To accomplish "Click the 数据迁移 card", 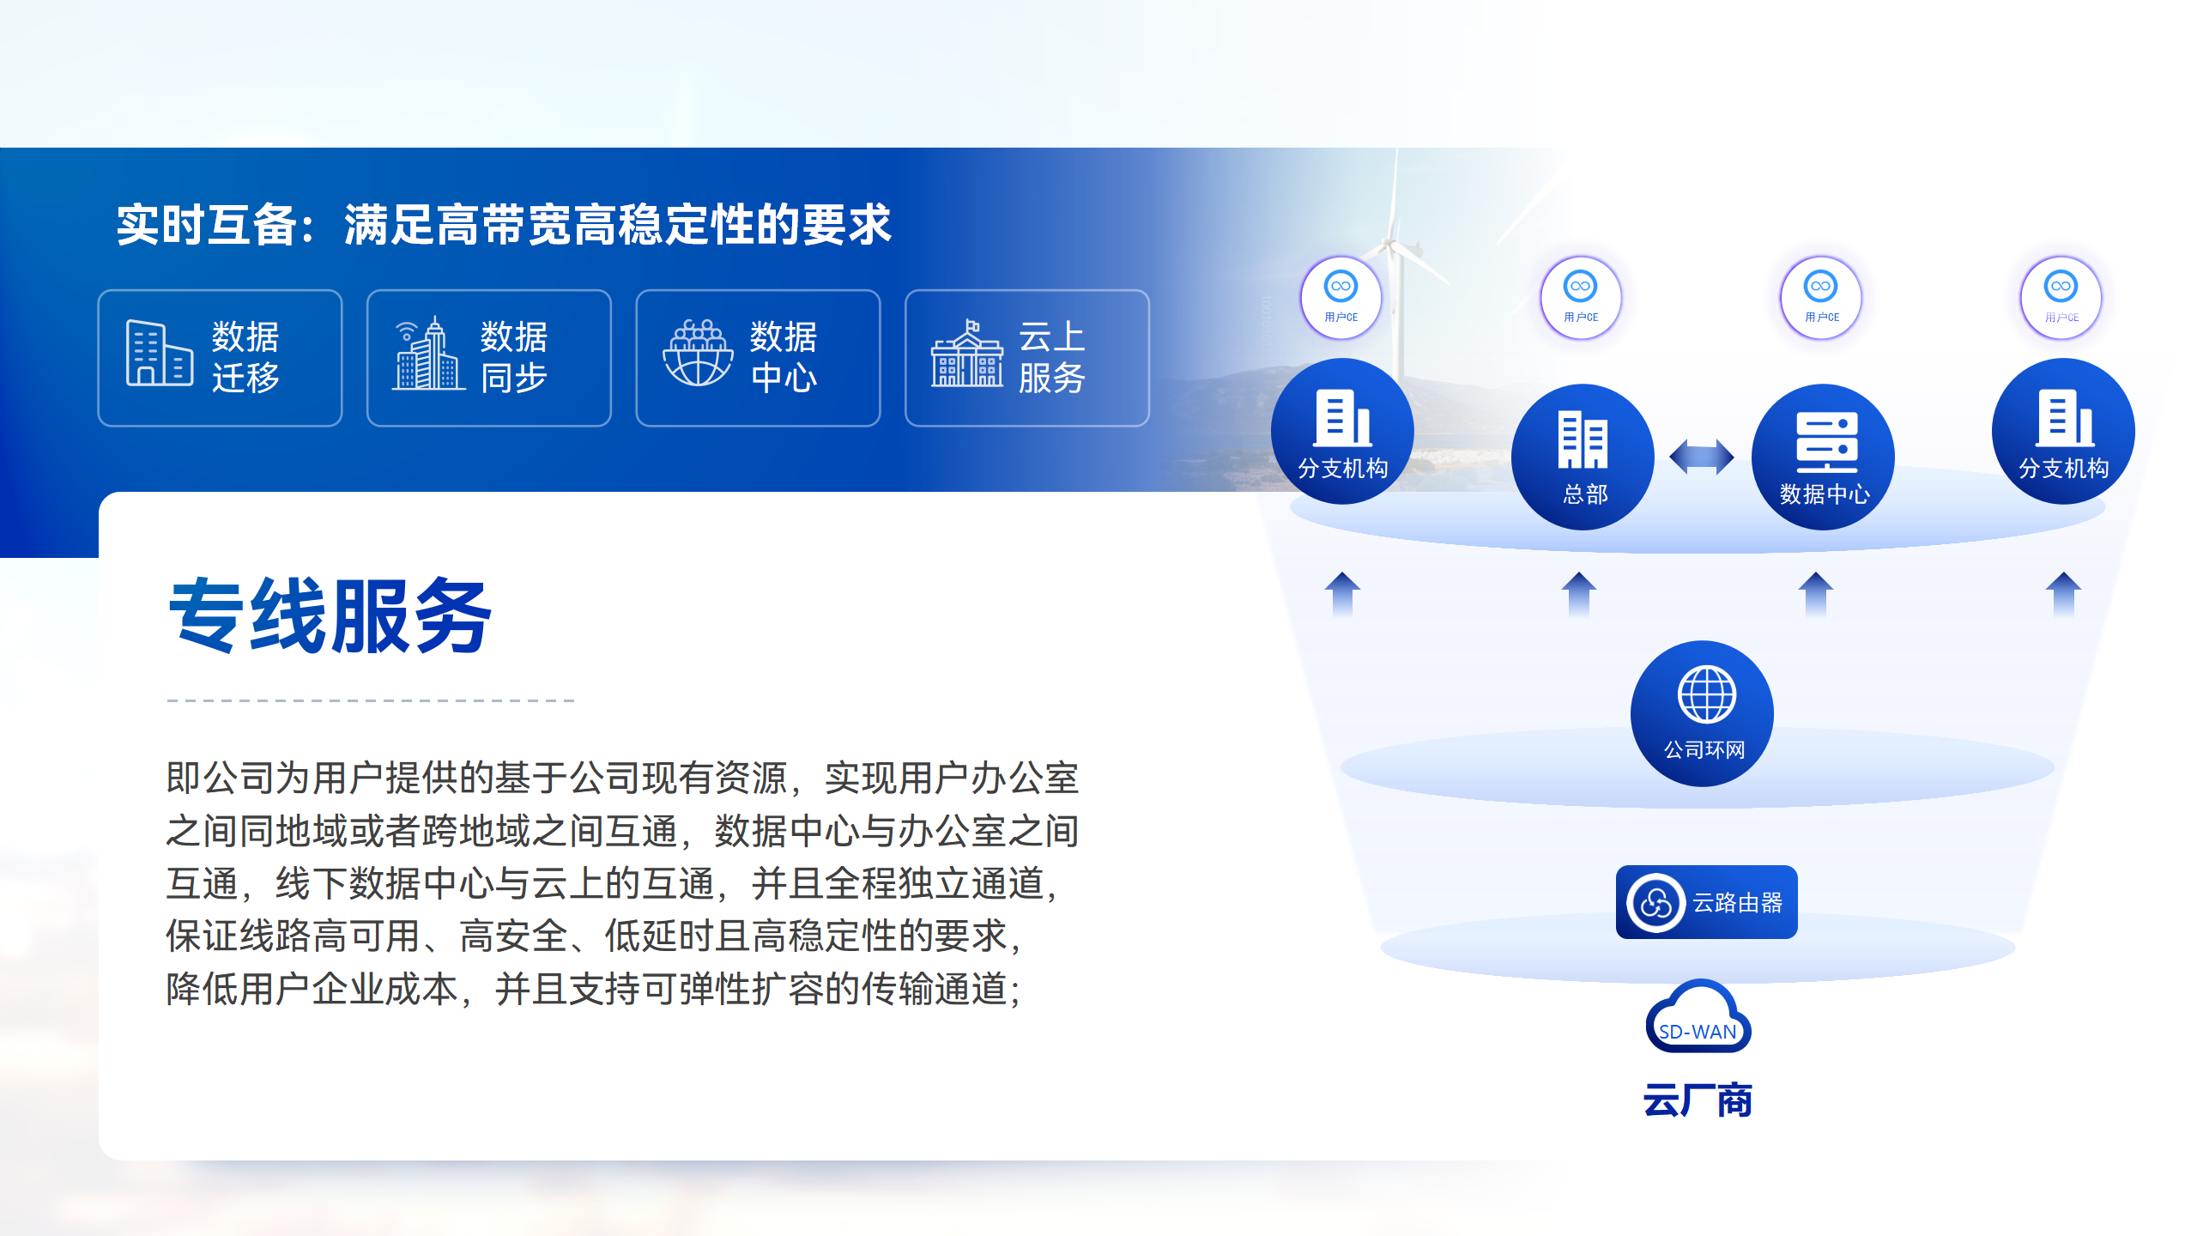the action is coord(220,358).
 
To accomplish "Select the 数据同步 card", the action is coord(489,358).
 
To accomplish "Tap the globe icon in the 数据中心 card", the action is coord(698,354).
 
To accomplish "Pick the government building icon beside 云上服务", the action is coord(967,354).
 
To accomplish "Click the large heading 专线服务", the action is coord(330,615).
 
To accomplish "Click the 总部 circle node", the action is coord(1583,457).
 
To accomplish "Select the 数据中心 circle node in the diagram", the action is coord(1824,457).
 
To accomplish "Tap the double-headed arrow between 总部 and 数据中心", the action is coord(1702,457).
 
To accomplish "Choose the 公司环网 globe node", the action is coord(1703,713).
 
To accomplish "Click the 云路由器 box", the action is coord(1706,902).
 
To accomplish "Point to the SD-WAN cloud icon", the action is coord(1698,1018).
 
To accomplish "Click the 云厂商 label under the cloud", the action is coord(1698,1100).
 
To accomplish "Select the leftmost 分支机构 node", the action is coord(1342,431).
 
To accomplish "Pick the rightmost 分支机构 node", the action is coord(2063,431).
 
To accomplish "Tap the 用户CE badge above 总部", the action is coord(1581,297).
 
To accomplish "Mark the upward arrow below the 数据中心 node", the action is coord(1816,594).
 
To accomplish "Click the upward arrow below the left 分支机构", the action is coord(1342,594).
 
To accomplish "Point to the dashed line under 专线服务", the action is coord(371,700).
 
